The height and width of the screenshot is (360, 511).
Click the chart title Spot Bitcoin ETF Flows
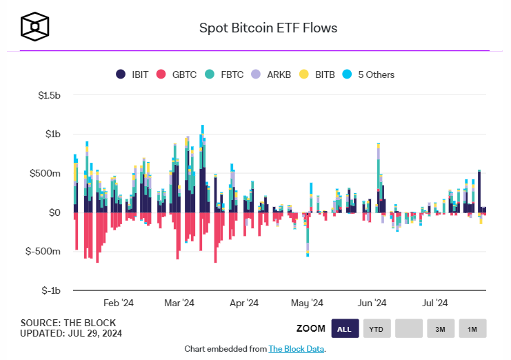268,28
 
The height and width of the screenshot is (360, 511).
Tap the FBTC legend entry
224,74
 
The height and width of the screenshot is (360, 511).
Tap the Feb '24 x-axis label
118,303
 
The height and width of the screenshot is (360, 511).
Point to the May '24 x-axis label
307,303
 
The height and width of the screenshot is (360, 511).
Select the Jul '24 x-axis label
435,303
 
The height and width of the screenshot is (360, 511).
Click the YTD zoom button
377,329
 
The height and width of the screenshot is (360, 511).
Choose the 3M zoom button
440,329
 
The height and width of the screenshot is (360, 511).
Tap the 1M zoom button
472,329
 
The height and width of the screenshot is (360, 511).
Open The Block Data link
296,349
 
